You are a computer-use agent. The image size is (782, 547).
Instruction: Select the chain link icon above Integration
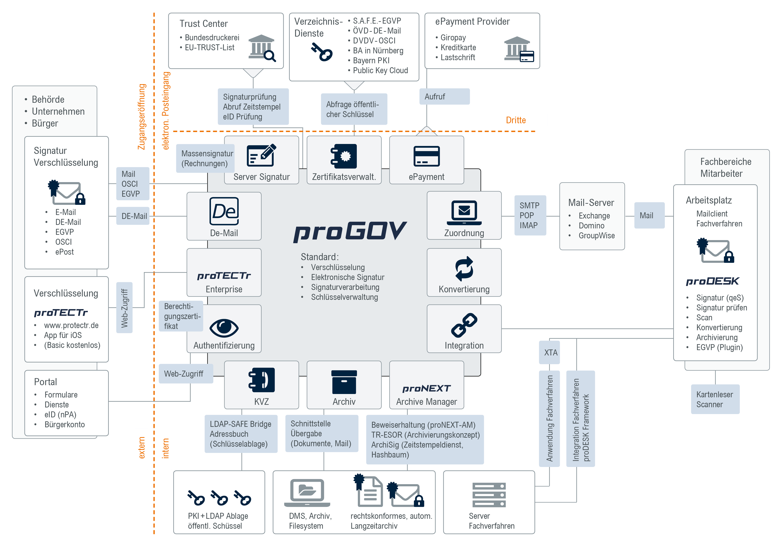click(464, 325)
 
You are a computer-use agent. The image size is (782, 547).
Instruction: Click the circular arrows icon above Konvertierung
click(464, 269)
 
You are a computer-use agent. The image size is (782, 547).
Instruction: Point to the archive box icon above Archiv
click(344, 382)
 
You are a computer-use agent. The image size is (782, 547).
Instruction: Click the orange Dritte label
click(516, 120)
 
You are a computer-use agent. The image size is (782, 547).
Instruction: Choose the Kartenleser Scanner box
click(715, 399)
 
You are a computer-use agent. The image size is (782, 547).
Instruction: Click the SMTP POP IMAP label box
click(530, 215)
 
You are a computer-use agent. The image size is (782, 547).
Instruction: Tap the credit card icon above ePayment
click(427, 156)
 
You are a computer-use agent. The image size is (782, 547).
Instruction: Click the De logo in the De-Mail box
click(224, 211)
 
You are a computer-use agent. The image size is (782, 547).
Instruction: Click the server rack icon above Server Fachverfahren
click(489, 495)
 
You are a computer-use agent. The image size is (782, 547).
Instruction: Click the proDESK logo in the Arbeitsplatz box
click(712, 281)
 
